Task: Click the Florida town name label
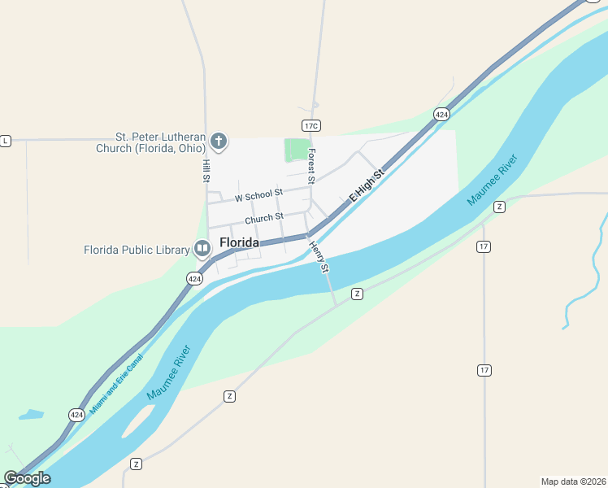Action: pos(239,242)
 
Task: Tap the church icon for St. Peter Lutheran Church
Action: pos(218,142)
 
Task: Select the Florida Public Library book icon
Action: pos(202,249)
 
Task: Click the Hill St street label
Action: pos(206,170)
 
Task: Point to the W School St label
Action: pos(258,196)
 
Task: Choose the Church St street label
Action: pos(264,218)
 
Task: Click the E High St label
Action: pos(366,186)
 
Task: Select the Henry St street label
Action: pos(319,256)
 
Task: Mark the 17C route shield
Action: pos(311,125)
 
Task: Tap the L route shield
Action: pos(5,141)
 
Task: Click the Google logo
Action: pos(27,478)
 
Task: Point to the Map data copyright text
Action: pos(574,481)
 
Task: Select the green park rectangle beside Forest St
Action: pos(297,150)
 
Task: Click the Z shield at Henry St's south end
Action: pos(356,293)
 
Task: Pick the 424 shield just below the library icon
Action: pos(194,278)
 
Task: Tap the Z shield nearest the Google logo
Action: pos(136,464)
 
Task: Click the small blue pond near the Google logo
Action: pos(31,414)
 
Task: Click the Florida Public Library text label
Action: pos(137,250)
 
